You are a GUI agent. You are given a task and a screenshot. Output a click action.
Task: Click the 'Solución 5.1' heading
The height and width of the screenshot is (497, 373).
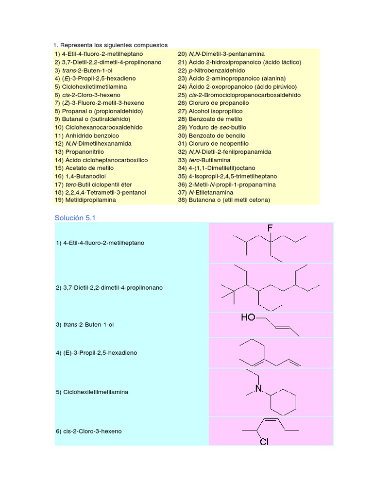[x=75, y=218]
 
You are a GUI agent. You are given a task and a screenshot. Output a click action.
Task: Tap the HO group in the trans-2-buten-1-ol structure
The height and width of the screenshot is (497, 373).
[x=248, y=317]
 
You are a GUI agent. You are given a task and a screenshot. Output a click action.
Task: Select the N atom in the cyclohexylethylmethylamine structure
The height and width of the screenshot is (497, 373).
[x=259, y=389]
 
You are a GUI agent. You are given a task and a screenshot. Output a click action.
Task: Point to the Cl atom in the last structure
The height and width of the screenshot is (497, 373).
[x=265, y=441]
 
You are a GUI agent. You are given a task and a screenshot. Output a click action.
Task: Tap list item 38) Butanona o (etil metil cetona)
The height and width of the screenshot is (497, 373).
[x=223, y=199]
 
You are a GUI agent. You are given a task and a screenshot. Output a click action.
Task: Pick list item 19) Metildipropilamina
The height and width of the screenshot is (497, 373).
[x=85, y=199]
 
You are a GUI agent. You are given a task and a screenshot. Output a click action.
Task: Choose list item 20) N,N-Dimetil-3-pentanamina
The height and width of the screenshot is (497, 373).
[x=221, y=54]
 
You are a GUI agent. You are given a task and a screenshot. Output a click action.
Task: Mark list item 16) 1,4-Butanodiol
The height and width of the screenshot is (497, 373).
[x=80, y=176]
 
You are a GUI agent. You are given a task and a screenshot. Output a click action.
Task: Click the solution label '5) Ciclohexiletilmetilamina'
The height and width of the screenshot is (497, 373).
[x=92, y=392]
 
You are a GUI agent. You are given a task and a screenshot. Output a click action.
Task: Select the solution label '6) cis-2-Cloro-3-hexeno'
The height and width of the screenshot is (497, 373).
[x=88, y=431]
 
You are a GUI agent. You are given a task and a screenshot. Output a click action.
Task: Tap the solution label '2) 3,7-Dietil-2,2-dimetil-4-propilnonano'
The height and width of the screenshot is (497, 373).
[x=109, y=288]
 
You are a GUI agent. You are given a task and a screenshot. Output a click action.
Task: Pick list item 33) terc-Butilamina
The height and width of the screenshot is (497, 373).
[x=204, y=160]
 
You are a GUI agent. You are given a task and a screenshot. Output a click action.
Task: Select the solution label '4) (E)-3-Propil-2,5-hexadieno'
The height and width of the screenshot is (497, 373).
[x=96, y=353]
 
